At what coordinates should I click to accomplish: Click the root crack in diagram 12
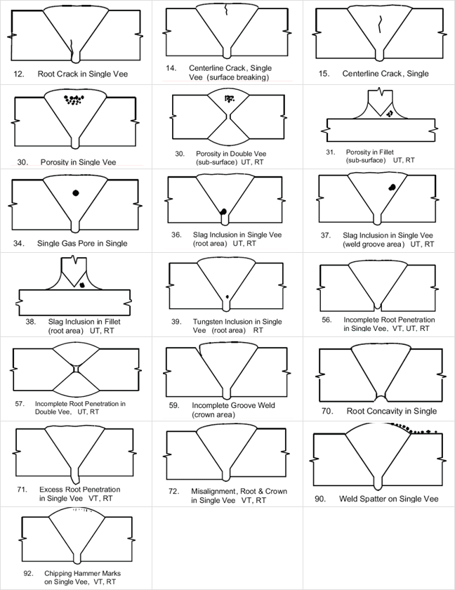coord(72,48)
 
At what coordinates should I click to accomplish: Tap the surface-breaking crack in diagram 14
coord(226,10)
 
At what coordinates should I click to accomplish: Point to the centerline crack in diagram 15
coord(380,24)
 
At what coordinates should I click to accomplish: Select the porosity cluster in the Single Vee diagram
coord(74,100)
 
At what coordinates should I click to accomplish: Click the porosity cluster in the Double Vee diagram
coord(229,99)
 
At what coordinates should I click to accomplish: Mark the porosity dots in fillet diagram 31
coord(390,112)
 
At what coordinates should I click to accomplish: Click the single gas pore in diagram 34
coord(76,193)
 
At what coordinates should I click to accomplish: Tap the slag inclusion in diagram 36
coord(223,211)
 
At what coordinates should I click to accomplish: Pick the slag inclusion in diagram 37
coord(393,187)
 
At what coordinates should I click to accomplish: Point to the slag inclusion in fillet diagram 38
coord(82,285)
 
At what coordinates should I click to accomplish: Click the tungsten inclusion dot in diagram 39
coord(227,297)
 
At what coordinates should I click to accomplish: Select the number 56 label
coord(327,320)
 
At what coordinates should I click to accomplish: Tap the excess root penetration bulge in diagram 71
coord(75,476)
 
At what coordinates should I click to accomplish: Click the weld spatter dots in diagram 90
coord(413,429)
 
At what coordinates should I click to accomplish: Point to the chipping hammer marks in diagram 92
coord(82,510)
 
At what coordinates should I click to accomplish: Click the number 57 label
coord(20,404)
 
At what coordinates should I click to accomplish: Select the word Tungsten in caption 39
coord(209,322)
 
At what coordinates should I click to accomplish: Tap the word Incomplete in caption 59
coord(209,406)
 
